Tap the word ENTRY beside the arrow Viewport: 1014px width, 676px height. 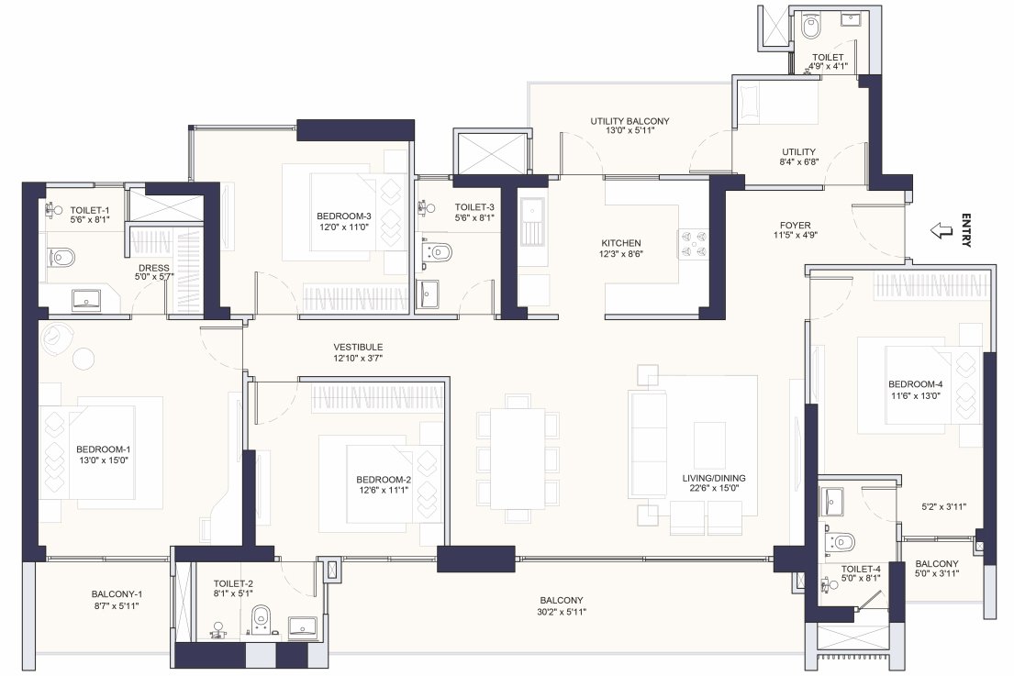(965, 230)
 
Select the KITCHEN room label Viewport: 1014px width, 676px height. (619, 243)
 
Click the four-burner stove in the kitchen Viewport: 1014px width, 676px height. (693, 243)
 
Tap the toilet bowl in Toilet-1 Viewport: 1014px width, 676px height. (61, 258)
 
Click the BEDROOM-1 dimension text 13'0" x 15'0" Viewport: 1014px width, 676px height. (103, 461)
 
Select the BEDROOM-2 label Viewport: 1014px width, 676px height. (384, 480)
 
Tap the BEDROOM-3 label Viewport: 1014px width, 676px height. (345, 217)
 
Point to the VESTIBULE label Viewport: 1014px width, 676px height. (358, 347)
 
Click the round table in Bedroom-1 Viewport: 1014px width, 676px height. (84, 359)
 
